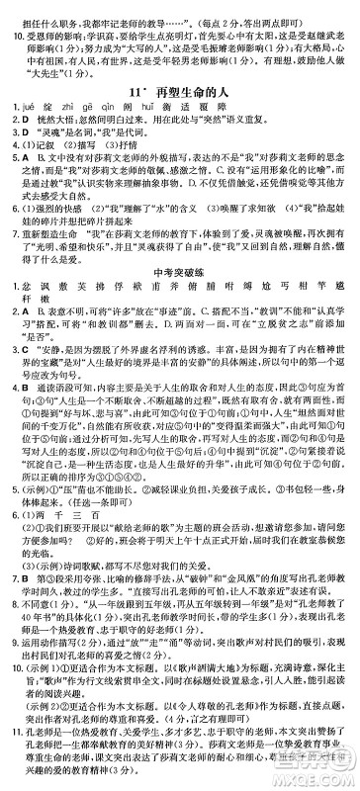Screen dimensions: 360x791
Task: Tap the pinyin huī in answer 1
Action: [142, 104]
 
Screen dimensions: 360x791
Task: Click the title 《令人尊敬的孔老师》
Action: [235, 741]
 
